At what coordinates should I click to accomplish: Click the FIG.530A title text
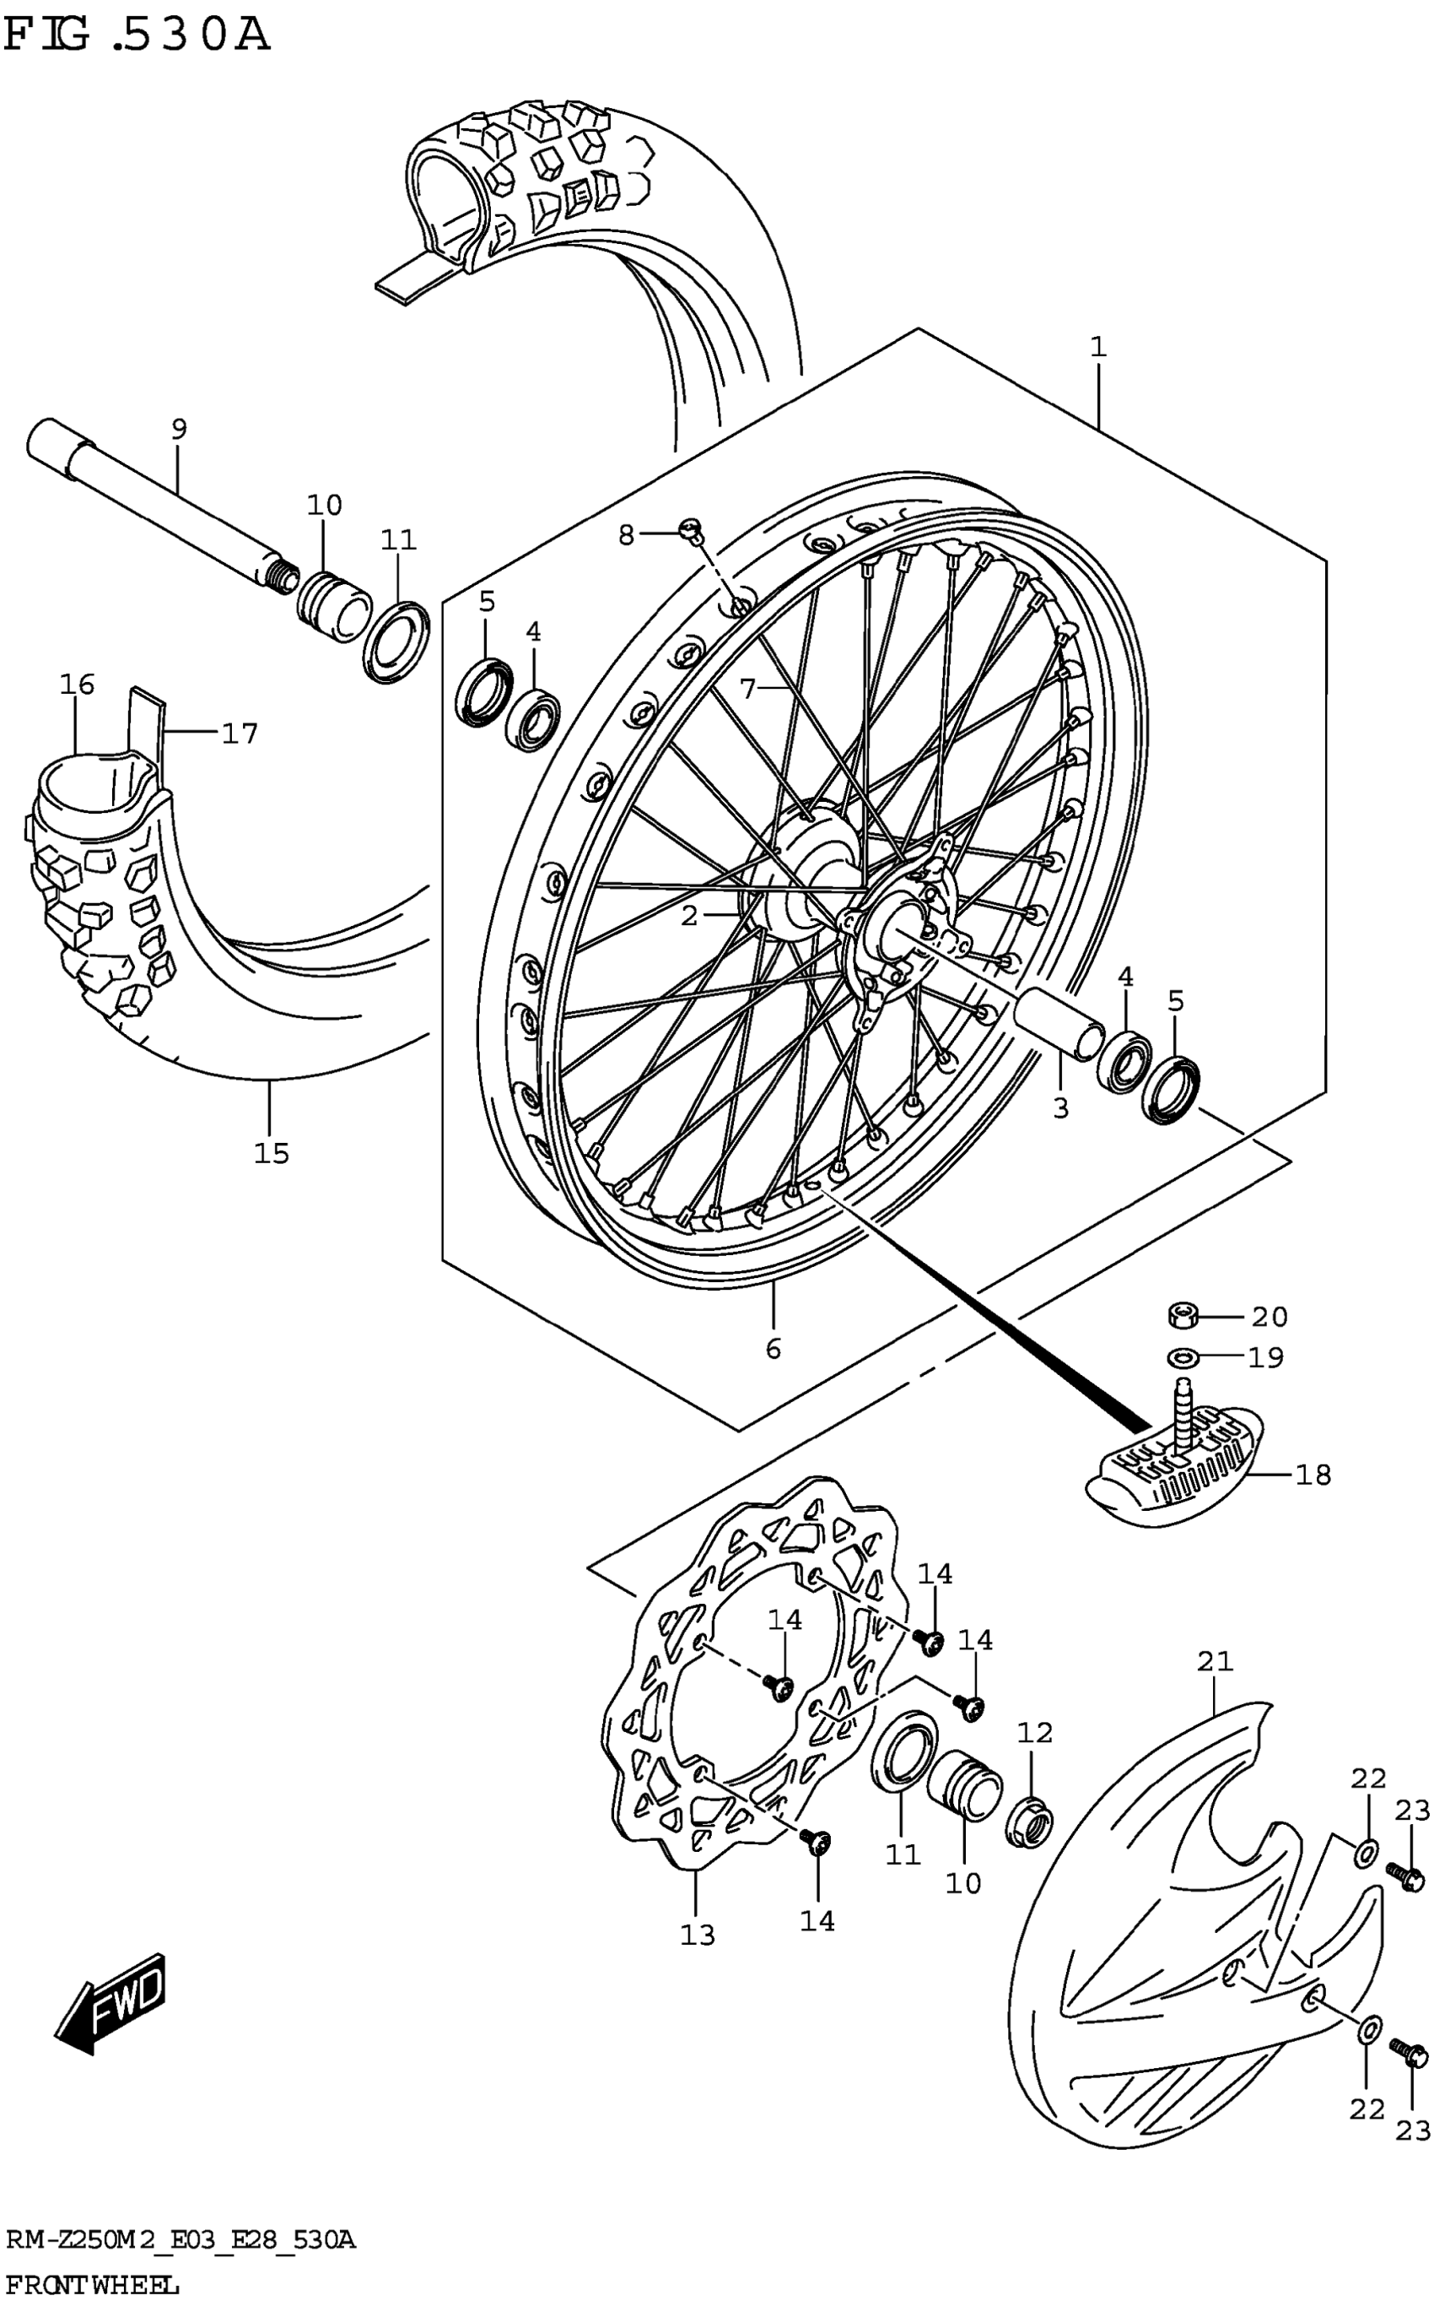click(x=137, y=36)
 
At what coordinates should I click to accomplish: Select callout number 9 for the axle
click(x=179, y=429)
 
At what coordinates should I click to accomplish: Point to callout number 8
click(x=626, y=535)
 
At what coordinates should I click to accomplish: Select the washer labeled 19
click(x=1181, y=1358)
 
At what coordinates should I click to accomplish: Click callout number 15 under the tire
click(x=272, y=1153)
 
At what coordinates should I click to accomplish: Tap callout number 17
click(x=240, y=734)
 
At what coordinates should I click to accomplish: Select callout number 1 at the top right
click(x=1098, y=347)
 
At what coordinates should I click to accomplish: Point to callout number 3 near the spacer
click(x=1060, y=1107)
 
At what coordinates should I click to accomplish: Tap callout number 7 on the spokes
click(x=748, y=689)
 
